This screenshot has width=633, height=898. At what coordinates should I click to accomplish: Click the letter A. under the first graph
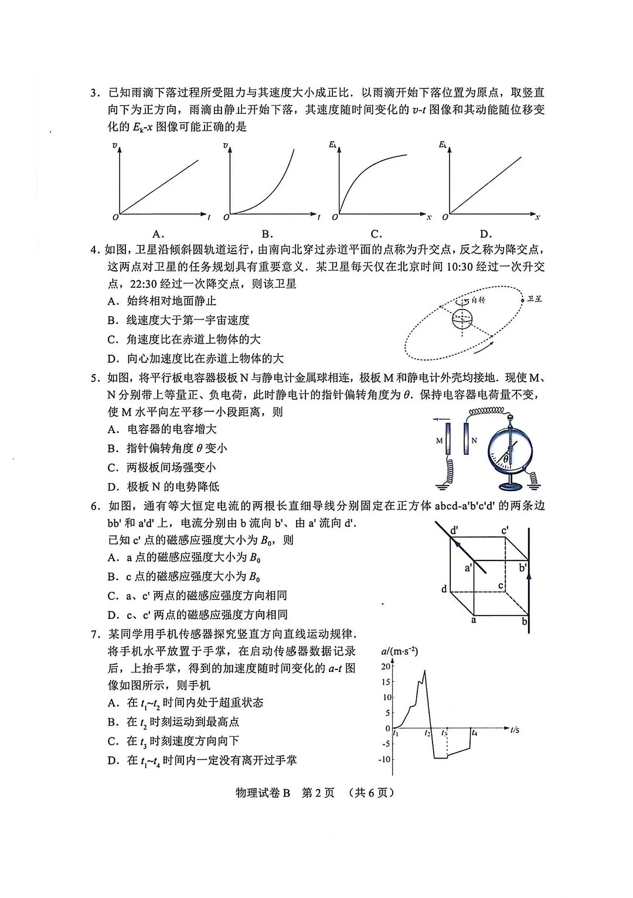coord(158,233)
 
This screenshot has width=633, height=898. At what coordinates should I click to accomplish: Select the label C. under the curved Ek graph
coord(376,233)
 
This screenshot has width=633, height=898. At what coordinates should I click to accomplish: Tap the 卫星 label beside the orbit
coord(534,299)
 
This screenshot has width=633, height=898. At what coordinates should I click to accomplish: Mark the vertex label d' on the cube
coord(454,530)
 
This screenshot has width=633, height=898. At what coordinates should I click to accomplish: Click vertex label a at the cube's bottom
coord(474,620)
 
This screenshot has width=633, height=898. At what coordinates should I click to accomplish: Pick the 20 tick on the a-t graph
coord(385,666)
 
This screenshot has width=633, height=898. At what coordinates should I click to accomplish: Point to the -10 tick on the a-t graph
coord(384,759)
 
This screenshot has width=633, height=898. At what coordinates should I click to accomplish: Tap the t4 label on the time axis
coord(474,733)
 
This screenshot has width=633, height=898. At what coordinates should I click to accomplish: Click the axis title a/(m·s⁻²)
coord(399,651)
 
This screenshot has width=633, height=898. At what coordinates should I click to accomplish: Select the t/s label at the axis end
coord(515,730)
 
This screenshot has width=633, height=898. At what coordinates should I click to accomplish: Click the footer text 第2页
coord(318,792)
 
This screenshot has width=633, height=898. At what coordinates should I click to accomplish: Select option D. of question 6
coord(113,615)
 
